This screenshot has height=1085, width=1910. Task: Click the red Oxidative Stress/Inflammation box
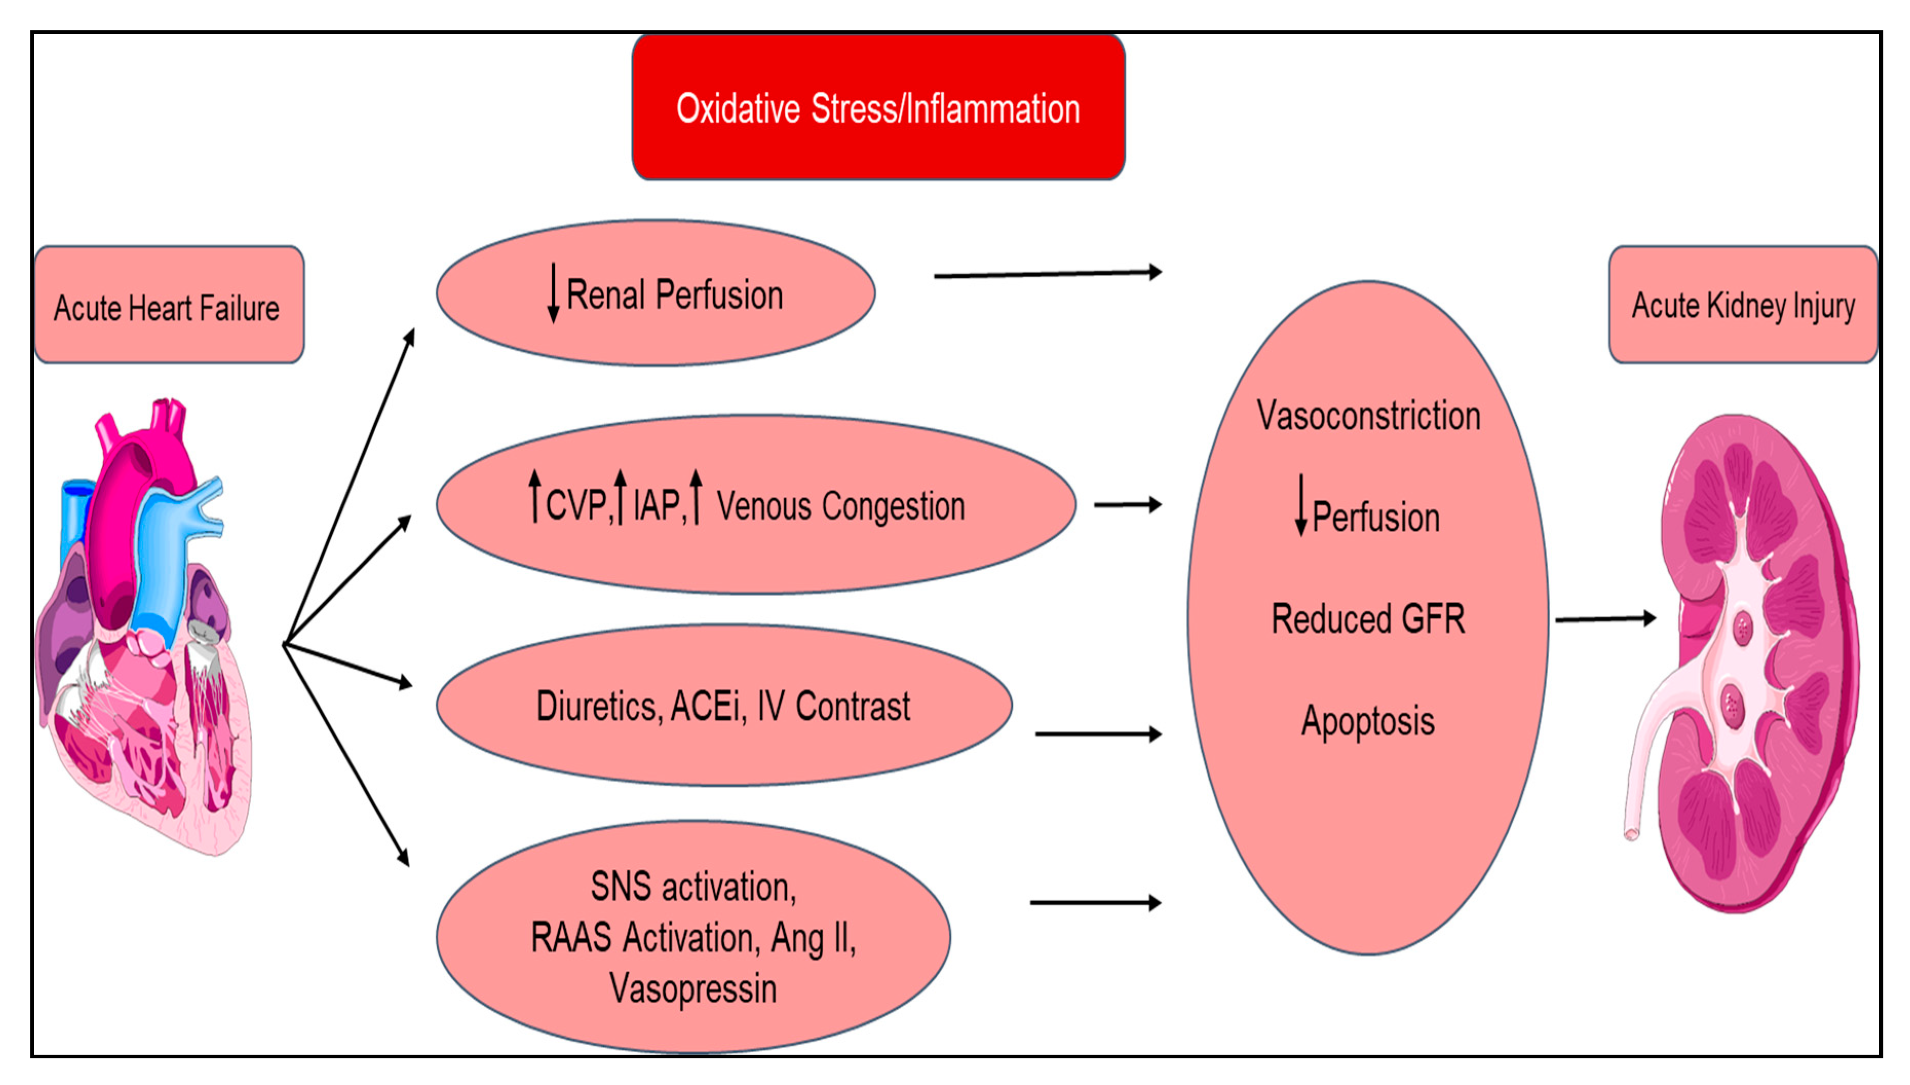(878, 107)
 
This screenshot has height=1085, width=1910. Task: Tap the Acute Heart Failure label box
(168, 306)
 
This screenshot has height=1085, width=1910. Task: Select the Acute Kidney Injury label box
(1742, 306)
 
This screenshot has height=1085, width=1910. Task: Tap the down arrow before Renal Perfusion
(553, 292)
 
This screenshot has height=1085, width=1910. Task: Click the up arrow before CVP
(534, 496)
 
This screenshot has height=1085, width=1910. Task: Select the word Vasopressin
(693, 989)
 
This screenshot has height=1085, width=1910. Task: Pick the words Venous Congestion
(840, 507)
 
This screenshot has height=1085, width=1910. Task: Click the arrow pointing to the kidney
(1605, 619)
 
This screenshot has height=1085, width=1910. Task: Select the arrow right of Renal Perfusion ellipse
(1047, 274)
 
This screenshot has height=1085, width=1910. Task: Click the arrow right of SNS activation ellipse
(1095, 903)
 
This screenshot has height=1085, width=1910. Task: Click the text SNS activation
(693, 887)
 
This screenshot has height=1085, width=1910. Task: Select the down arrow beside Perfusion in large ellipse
(1301, 505)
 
